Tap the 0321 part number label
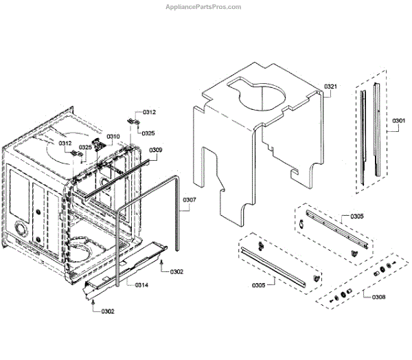point(330,87)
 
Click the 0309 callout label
point(156,150)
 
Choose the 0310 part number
point(114,136)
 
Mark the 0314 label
point(141,284)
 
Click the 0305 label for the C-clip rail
point(357,216)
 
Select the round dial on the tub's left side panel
point(21,229)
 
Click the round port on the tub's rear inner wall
point(104,183)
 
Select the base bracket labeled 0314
point(124,265)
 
